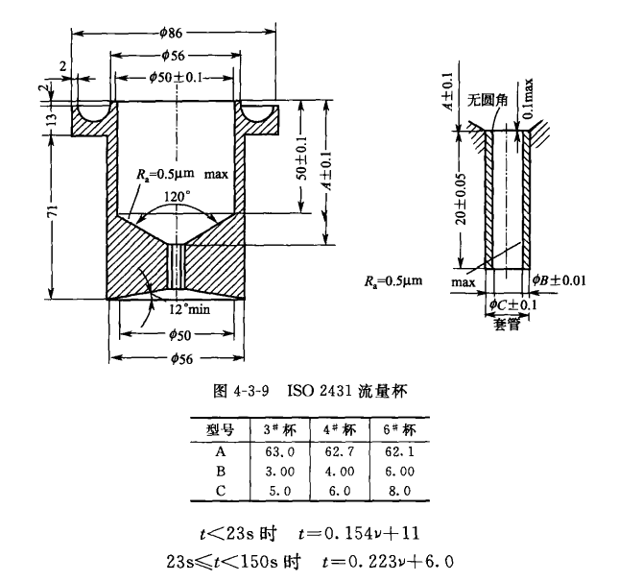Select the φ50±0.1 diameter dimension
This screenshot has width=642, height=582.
(x=175, y=77)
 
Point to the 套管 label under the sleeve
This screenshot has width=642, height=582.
(x=506, y=325)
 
